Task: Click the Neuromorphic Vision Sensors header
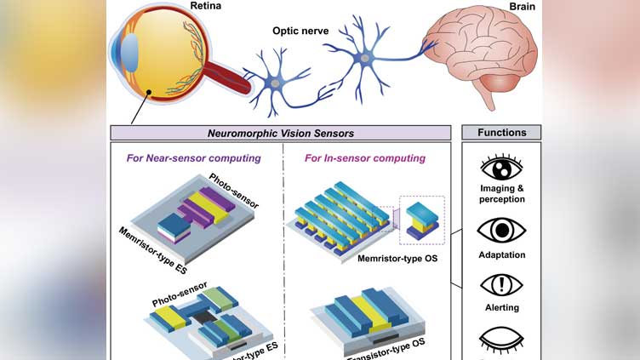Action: pos(281,133)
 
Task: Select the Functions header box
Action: pos(501,133)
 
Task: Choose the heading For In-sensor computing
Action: pos(365,158)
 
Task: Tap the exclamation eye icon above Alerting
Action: pos(501,284)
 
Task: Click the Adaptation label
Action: pos(501,254)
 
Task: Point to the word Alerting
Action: pos(501,307)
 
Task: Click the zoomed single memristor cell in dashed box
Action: pos(420,220)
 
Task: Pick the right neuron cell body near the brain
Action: pos(364,59)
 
